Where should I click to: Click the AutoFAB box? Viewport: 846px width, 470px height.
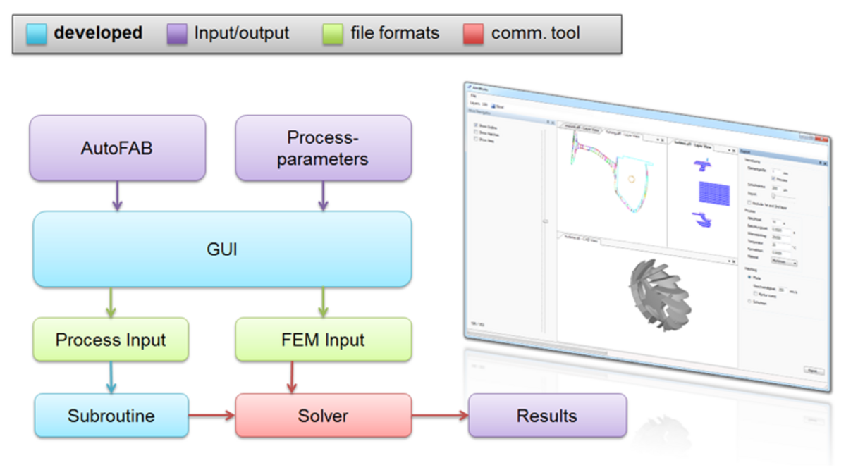click(117, 148)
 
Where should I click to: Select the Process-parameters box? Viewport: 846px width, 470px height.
click(323, 148)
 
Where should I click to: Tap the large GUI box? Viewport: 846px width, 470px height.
click(222, 249)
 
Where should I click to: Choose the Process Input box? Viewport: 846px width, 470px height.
click(111, 340)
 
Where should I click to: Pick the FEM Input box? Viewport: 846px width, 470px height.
click(323, 340)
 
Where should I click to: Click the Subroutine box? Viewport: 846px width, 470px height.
click(111, 416)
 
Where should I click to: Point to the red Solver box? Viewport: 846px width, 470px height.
click(323, 416)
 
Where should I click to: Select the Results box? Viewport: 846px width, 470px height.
click(547, 416)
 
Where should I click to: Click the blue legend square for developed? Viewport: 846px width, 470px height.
click(37, 34)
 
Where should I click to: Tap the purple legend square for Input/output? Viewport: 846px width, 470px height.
click(177, 34)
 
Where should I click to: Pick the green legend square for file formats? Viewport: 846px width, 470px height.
click(333, 34)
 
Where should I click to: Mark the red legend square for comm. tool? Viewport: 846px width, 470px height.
click(474, 34)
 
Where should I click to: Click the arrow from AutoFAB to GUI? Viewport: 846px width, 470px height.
click(117, 195)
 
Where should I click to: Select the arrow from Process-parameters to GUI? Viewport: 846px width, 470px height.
click(323, 195)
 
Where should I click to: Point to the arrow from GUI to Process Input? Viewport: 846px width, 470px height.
click(111, 302)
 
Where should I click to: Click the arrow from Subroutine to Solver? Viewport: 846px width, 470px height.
click(211, 416)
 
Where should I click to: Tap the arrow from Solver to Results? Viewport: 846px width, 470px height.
click(440, 416)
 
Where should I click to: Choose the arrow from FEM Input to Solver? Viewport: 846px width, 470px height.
click(289, 378)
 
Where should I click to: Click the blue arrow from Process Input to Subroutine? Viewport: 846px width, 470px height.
click(111, 378)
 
